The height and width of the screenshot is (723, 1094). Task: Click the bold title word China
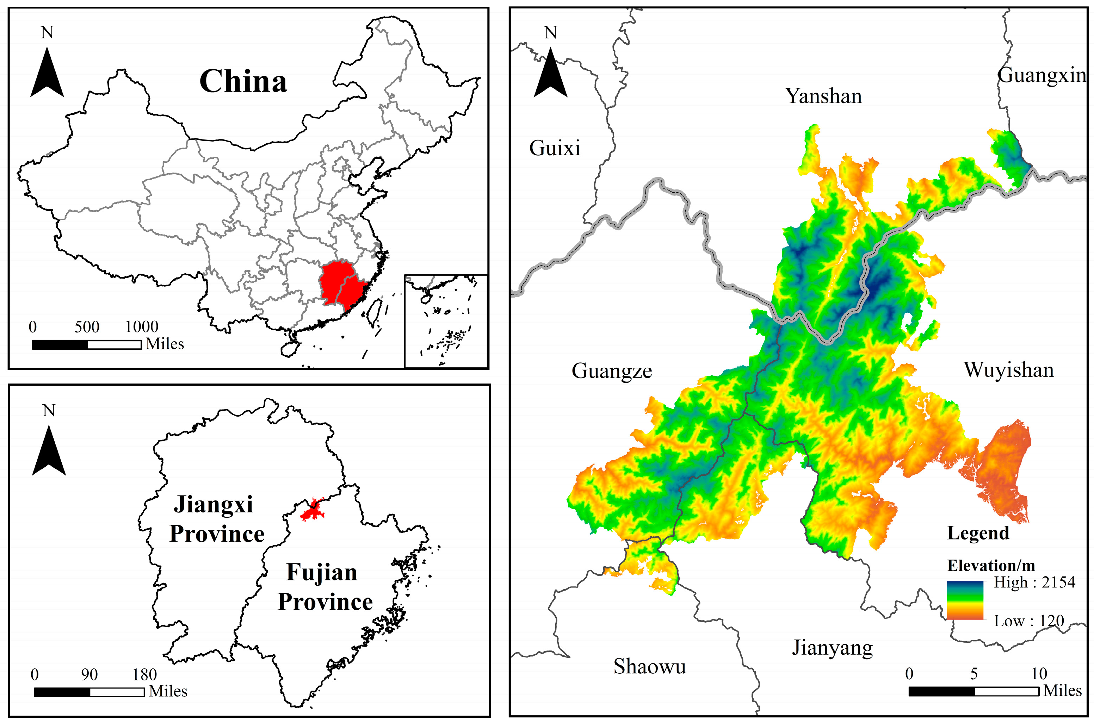pyautogui.click(x=243, y=82)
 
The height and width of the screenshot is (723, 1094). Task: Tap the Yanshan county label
pyautogui.click(x=823, y=96)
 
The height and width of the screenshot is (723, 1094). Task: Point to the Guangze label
pyautogui.click(x=612, y=371)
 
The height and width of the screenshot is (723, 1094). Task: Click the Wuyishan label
pyautogui.click(x=1009, y=370)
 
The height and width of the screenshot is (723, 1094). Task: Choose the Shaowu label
pyautogui.click(x=649, y=666)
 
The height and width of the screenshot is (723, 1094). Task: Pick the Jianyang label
pyautogui.click(x=833, y=648)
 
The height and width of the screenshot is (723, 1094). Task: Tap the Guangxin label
pyautogui.click(x=1042, y=75)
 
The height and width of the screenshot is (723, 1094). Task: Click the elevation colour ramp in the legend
pyautogui.click(x=965, y=600)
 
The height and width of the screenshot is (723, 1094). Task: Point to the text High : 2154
pyautogui.click(x=1034, y=582)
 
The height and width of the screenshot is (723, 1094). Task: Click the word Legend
pyautogui.click(x=978, y=533)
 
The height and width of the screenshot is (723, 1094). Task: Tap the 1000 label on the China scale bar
pyautogui.click(x=142, y=327)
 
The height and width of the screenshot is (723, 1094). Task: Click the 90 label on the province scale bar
pyautogui.click(x=89, y=675)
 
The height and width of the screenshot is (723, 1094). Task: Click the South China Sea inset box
pyautogui.click(x=446, y=321)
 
